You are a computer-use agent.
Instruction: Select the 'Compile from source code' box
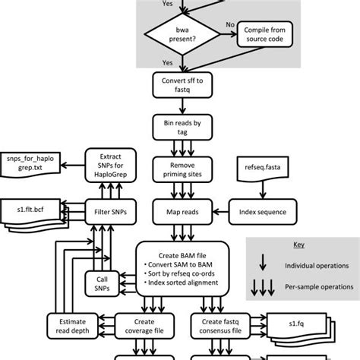coord(261,34)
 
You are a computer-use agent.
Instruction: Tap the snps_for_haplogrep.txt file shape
coord(31,162)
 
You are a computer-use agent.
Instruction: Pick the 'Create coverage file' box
coord(144,325)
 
